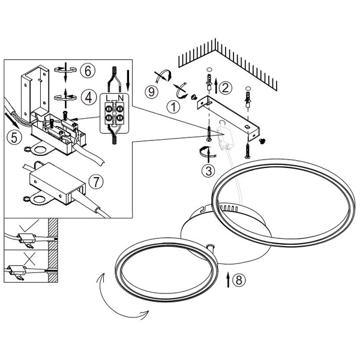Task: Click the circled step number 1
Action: click(x=173, y=107)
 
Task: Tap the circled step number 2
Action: click(x=225, y=88)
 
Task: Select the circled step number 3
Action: click(x=208, y=171)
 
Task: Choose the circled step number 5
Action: click(x=14, y=138)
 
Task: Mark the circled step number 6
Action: click(x=88, y=71)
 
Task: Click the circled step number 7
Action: click(x=96, y=181)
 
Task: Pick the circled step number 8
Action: click(x=239, y=280)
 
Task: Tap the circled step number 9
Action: click(x=151, y=92)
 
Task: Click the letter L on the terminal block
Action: click(x=107, y=98)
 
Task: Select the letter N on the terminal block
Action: click(x=121, y=98)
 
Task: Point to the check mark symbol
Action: click(x=29, y=226)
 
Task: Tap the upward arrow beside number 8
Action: click(x=228, y=280)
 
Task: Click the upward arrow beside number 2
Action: click(x=216, y=86)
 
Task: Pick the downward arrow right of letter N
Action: click(x=128, y=80)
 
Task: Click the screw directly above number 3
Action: click(x=209, y=133)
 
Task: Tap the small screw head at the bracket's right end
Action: click(x=261, y=140)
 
